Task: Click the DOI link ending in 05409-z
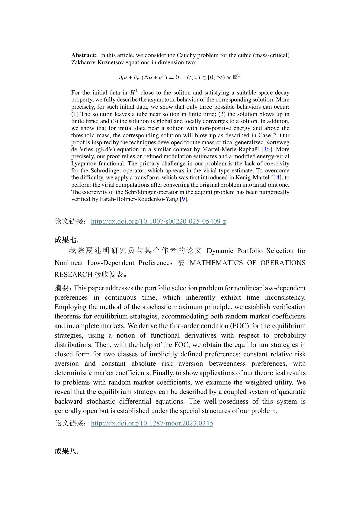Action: pos(158,221)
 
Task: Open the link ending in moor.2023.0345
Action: pos(152,423)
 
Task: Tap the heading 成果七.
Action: pos(66,240)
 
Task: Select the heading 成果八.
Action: pos(66,451)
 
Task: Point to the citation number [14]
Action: pos(277,178)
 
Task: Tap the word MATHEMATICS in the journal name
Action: pos(216,263)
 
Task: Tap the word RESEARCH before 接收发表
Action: pos(73,275)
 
